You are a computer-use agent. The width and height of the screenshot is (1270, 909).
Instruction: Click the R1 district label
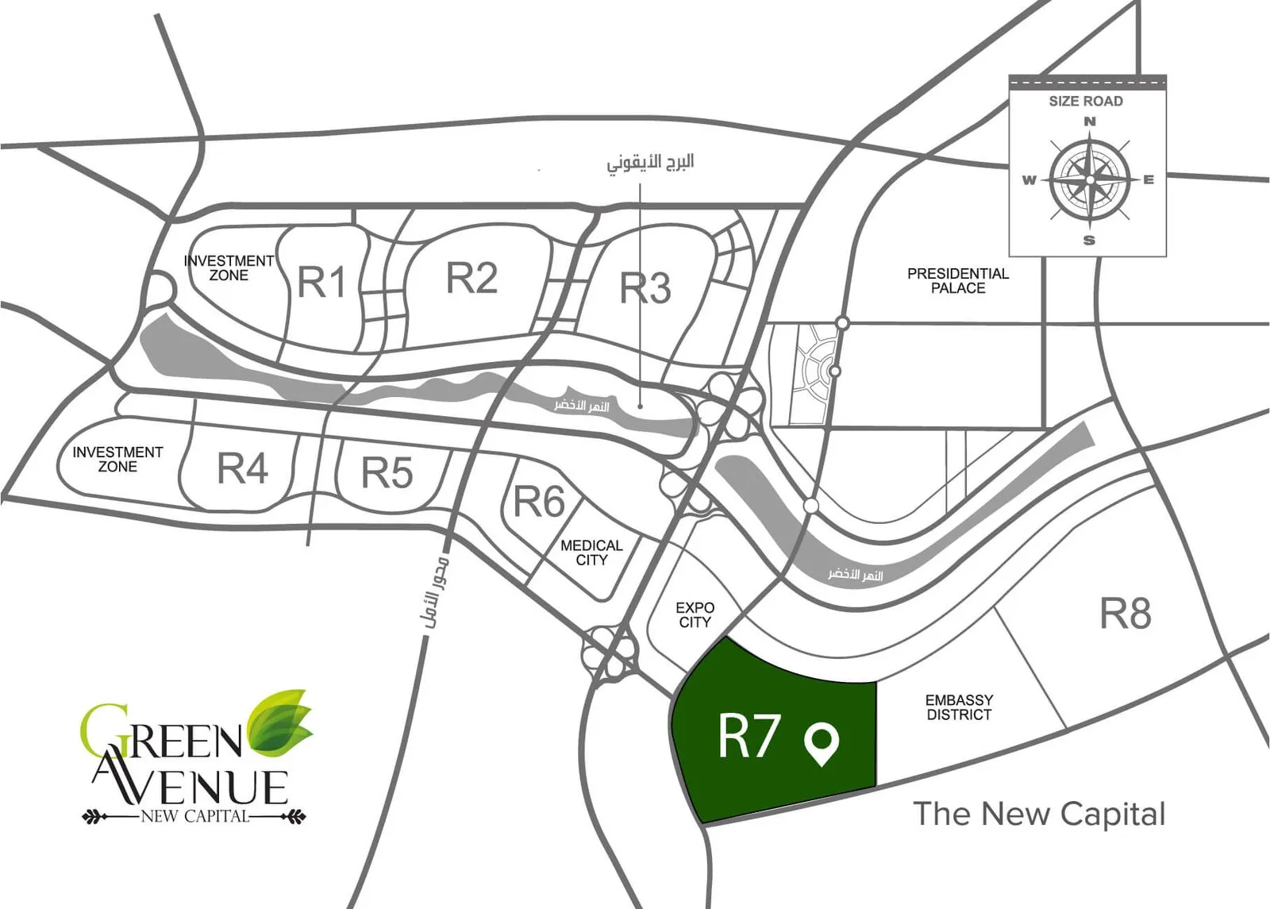(321, 282)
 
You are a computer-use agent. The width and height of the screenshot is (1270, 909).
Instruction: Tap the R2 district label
(471, 277)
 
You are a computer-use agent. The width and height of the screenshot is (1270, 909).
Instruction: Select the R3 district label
(645, 287)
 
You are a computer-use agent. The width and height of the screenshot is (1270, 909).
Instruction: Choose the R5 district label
(387, 472)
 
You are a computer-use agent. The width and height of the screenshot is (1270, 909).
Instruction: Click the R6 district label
(539, 501)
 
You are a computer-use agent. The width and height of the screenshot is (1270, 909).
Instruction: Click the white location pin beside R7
(822, 744)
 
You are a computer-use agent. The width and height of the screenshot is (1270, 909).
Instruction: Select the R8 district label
(1126, 614)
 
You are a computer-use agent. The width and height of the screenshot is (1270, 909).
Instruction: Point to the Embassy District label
(960, 707)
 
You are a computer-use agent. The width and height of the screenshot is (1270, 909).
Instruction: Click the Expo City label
(695, 614)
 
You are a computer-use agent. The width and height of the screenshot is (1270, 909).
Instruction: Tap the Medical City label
(591, 553)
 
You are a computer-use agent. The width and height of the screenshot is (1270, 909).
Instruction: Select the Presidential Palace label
(958, 281)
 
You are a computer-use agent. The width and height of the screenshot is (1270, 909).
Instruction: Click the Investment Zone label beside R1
(229, 268)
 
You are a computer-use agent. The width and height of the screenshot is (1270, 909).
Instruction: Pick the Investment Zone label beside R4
(118, 460)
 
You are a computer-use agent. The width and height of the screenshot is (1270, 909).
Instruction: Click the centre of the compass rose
(1090, 179)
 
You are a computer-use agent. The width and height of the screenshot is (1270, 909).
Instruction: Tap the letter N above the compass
(1090, 121)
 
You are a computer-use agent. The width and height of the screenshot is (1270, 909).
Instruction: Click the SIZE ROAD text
(1086, 101)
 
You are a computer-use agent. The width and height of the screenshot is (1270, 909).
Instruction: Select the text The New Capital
(1039, 814)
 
